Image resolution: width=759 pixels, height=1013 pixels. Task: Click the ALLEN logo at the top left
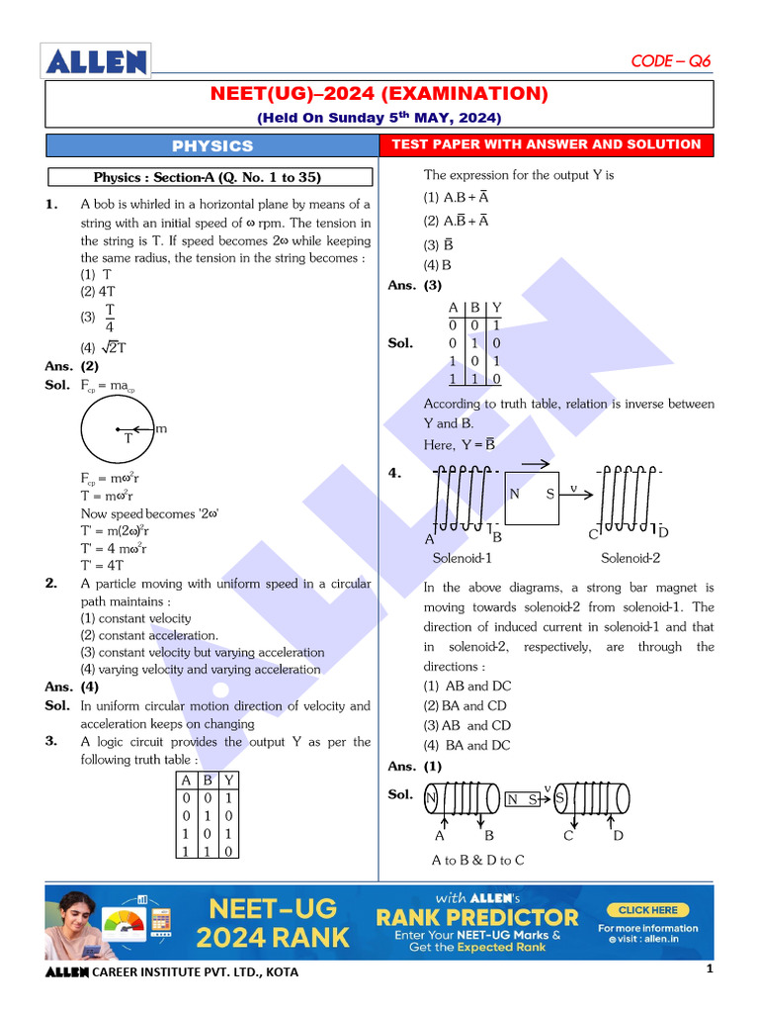pos(96,61)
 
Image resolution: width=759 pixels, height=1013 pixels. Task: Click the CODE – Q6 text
pos(670,61)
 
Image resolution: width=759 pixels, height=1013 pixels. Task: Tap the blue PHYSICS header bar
pos(212,145)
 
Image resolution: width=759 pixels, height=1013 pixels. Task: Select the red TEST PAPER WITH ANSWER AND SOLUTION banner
pos(547,144)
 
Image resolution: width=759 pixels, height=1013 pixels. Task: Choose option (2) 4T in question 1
pos(98,292)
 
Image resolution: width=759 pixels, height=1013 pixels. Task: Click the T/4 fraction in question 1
pos(110,319)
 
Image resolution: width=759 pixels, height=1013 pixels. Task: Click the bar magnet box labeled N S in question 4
pos(532,494)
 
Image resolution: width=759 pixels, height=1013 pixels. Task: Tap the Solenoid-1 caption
pos(463,558)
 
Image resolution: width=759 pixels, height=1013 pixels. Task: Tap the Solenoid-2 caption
pos(631,558)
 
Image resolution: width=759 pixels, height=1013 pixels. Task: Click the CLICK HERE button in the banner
pos(648,909)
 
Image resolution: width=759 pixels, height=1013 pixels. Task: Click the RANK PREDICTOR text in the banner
pos(476,917)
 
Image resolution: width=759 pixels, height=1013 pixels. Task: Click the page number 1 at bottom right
pos(710,970)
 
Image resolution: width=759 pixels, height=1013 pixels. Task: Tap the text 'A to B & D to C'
pos(478,860)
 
